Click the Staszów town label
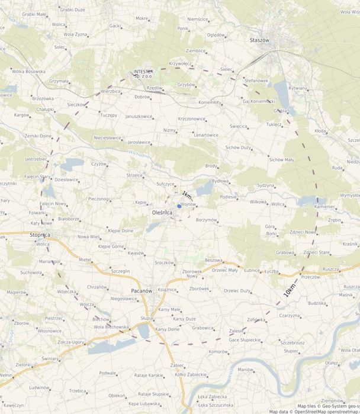tap(259, 40)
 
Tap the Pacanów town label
tap(142, 291)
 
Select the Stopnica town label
tap(39, 235)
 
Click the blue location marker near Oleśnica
tap(179, 206)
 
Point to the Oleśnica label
tap(162, 211)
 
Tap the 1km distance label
tap(187, 195)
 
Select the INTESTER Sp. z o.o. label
tap(143, 73)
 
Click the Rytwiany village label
tap(297, 88)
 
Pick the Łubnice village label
tap(252, 270)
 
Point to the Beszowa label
tap(213, 260)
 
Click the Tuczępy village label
tap(108, 115)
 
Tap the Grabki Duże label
tap(72, 9)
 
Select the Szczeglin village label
tap(120, 271)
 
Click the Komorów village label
tap(218, 351)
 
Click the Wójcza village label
tap(86, 304)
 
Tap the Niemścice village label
tap(198, 19)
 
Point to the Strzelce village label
tap(134, 175)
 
